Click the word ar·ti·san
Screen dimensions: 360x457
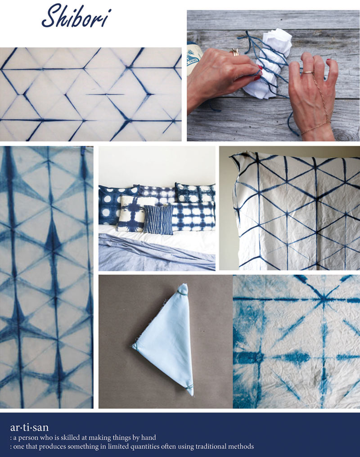click(x=29, y=427)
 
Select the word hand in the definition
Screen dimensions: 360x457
click(x=148, y=437)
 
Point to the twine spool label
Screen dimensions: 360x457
click(x=193, y=57)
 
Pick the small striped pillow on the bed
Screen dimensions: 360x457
click(x=157, y=220)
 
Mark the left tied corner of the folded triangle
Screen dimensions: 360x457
click(x=135, y=345)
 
